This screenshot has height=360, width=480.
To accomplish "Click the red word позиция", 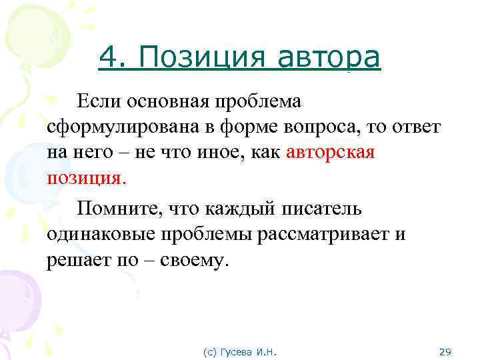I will [85, 179].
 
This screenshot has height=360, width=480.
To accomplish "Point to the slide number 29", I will [446, 351].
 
